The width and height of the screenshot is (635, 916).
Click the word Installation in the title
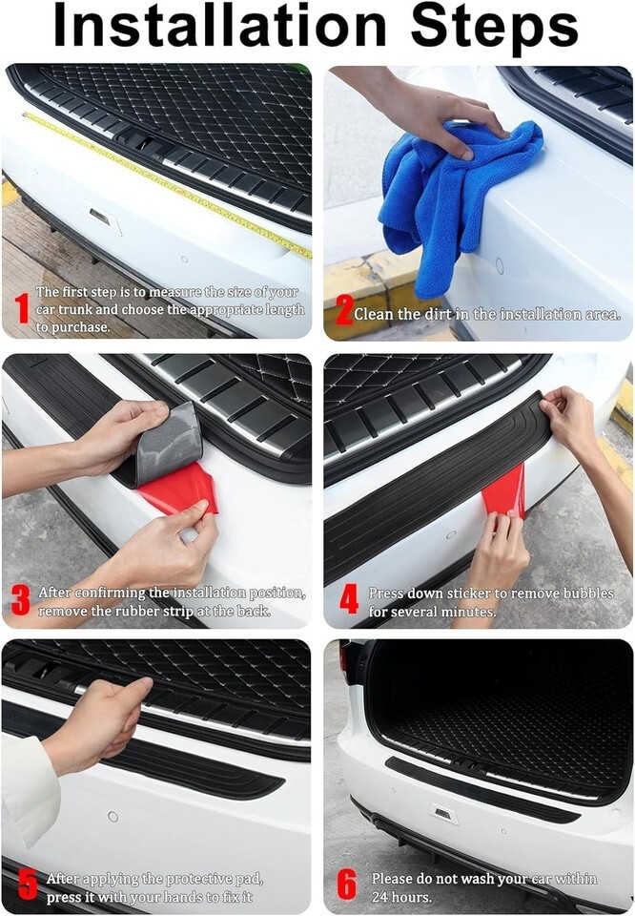[219, 26]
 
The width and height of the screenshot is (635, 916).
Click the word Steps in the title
[494, 28]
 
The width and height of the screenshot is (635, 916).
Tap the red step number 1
[22, 308]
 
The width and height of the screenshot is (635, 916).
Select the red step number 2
[344, 309]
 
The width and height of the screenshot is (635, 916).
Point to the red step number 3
[20, 600]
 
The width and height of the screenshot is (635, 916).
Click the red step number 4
[348, 599]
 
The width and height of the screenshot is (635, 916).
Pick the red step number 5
[28, 885]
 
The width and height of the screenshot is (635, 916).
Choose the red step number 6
[346, 885]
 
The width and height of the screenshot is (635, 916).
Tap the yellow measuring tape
[166, 183]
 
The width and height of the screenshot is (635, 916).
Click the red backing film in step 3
[178, 490]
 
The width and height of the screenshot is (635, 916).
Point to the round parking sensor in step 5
[113, 816]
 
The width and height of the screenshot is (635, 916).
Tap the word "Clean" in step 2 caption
[374, 314]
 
